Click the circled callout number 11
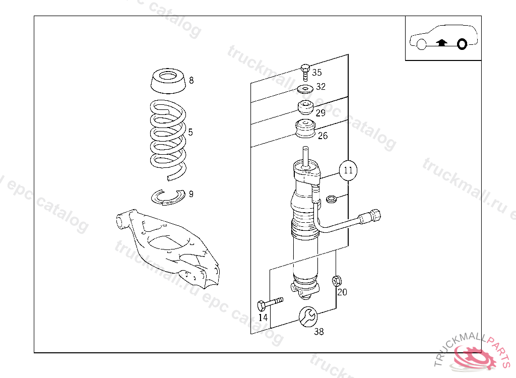[348, 170]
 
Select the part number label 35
[316, 73]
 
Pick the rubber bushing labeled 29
[305, 108]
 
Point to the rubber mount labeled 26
[305, 129]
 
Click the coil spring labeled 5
[168, 136]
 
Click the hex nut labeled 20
[336, 280]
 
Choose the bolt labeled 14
[269, 303]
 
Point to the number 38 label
[319, 332]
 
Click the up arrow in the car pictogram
[441, 43]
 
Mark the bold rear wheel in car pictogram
[462, 44]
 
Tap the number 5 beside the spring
[190, 133]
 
